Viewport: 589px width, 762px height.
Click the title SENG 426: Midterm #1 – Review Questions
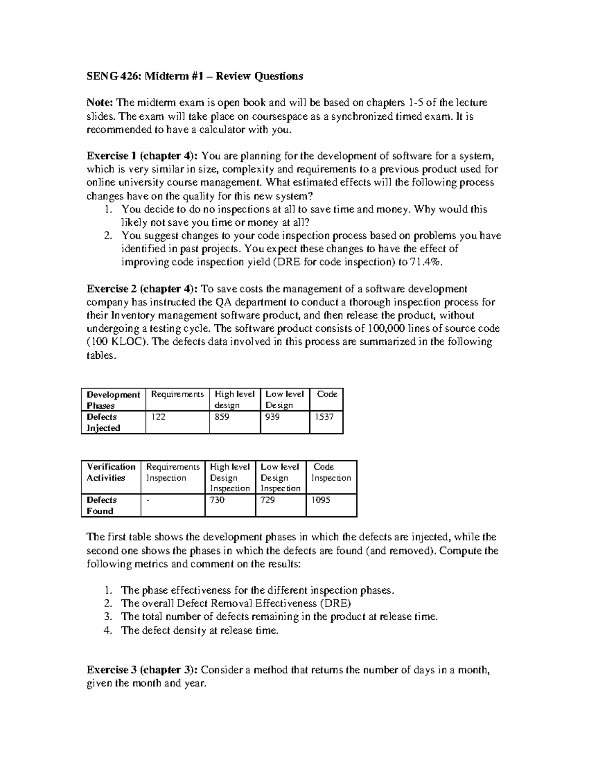[x=195, y=76]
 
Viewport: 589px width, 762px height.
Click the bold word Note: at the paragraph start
[x=101, y=103]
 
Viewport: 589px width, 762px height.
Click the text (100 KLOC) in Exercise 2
[x=117, y=342]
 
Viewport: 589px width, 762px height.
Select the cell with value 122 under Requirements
[x=158, y=417]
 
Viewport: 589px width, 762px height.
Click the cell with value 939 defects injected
[x=273, y=417]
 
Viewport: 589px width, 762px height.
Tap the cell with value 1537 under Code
[x=323, y=417]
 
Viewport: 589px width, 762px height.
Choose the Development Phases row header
[x=113, y=400]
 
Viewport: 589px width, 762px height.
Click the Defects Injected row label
[x=103, y=422]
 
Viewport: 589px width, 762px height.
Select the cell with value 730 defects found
[x=217, y=500]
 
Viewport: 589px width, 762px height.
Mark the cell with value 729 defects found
[x=268, y=500]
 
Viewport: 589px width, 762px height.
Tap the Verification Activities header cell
[x=111, y=473]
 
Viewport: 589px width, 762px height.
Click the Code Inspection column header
[x=331, y=473]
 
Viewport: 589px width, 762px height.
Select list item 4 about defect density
[x=199, y=631]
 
